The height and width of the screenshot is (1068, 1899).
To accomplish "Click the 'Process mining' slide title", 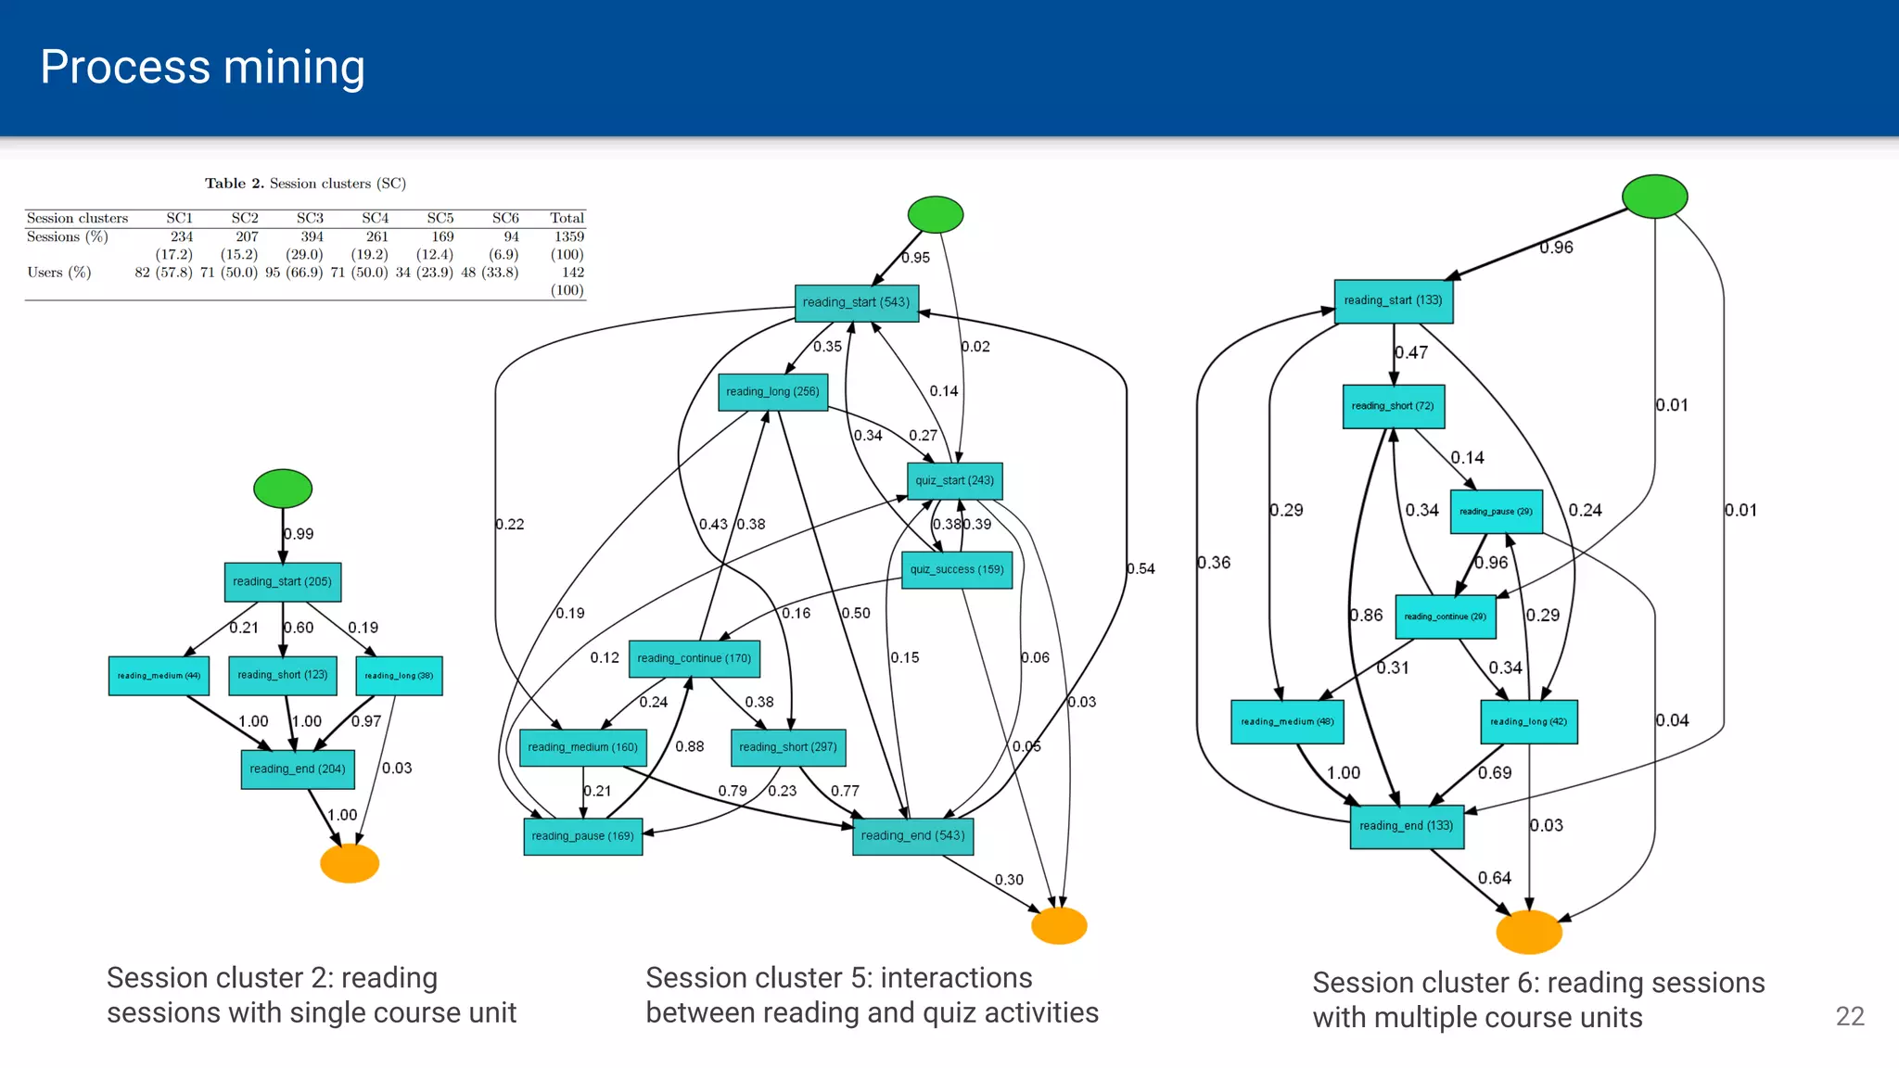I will [202, 68].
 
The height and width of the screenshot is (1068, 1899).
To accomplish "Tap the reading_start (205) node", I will [282, 582].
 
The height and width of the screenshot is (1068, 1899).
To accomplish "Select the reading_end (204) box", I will [298, 769].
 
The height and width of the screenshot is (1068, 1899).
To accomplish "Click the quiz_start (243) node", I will [954, 481].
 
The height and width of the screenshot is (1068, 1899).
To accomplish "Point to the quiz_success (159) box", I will [956, 570].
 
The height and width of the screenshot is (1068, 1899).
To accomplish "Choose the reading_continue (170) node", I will [694, 658].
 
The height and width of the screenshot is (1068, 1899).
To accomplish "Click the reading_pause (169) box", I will [582, 836].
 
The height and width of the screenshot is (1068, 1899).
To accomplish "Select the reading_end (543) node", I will [912, 836].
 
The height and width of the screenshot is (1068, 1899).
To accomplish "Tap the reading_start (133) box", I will [1393, 301].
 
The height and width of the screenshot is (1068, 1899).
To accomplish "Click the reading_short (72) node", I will [1393, 406].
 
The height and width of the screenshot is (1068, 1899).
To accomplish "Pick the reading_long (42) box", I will [1528, 722].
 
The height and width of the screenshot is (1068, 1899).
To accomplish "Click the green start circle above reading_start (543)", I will [935, 214].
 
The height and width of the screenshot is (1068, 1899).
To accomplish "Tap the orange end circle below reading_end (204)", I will [350, 863].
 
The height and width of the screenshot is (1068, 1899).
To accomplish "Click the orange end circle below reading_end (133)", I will [1529, 932].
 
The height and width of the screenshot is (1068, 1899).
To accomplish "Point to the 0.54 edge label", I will [1141, 569].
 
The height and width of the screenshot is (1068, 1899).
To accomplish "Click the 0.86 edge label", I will [1366, 616].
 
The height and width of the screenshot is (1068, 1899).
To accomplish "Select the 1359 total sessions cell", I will [568, 237].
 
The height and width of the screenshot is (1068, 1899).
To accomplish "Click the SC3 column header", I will [310, 219].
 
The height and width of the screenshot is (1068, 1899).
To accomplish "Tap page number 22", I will [1849, 1016].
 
